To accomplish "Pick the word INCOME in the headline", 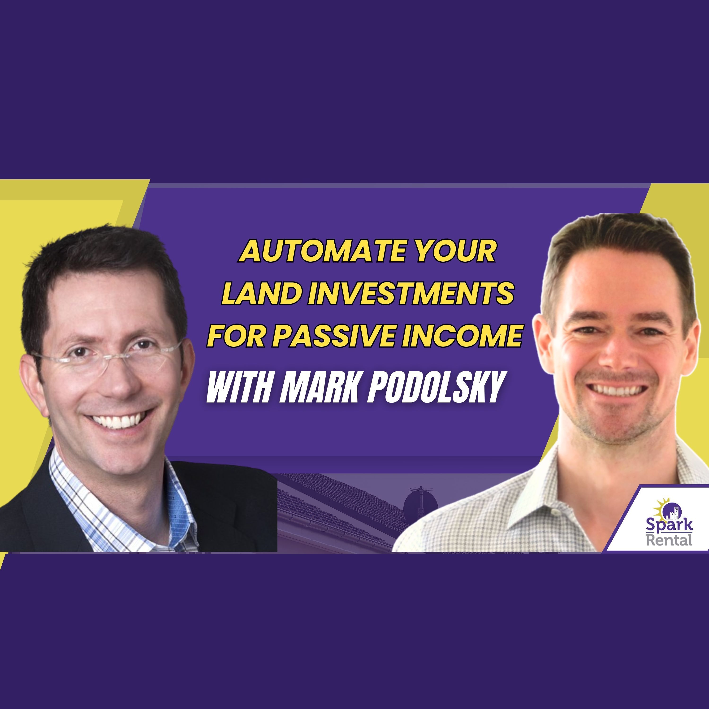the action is point(463,336).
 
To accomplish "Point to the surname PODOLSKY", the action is point(435,387).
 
